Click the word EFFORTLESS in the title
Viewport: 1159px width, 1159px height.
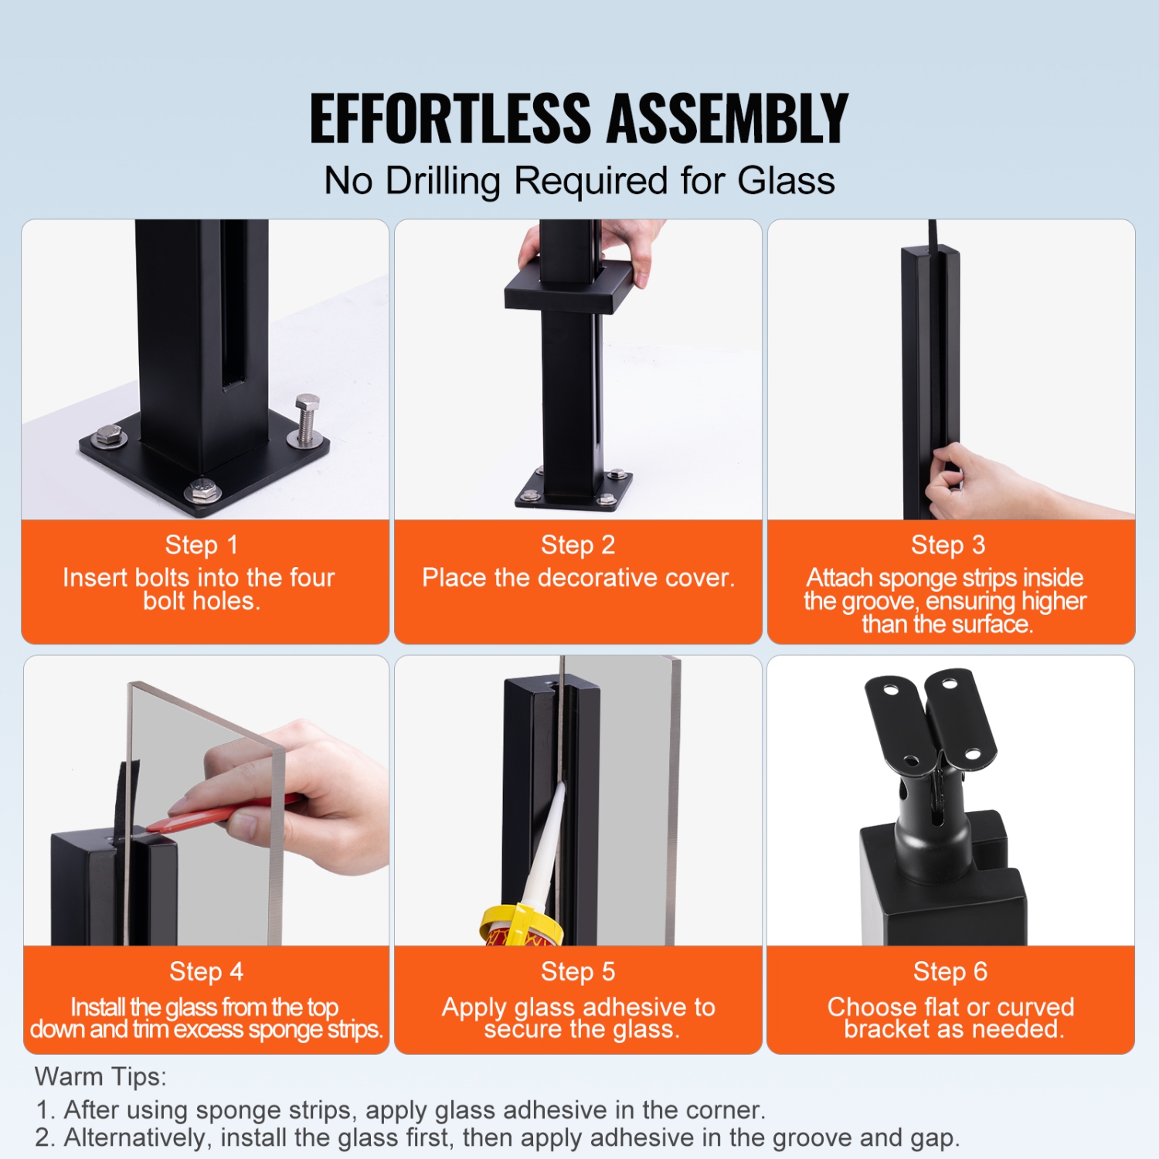pyautogui.click(x=450, y=118)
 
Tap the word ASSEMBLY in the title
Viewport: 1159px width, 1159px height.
pyautogui.click(x=727, y=118)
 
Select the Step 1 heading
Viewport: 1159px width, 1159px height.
pyautogui.click(x=201, y=545)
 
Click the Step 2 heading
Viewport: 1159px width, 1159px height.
pyautogui.click(x=578, y=545)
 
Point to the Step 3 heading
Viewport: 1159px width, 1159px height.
pyautogui.click(x=948, y=545)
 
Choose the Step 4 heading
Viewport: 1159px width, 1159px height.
pyautogui.click(x=206, y=971)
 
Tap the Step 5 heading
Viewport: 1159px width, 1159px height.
pyautogui.click(x=578, y=971)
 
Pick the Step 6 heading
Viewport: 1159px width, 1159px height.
pyautogui.click(x=950, y=971)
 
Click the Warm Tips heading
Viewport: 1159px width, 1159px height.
pyautogui.click(x=100, y=1076)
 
